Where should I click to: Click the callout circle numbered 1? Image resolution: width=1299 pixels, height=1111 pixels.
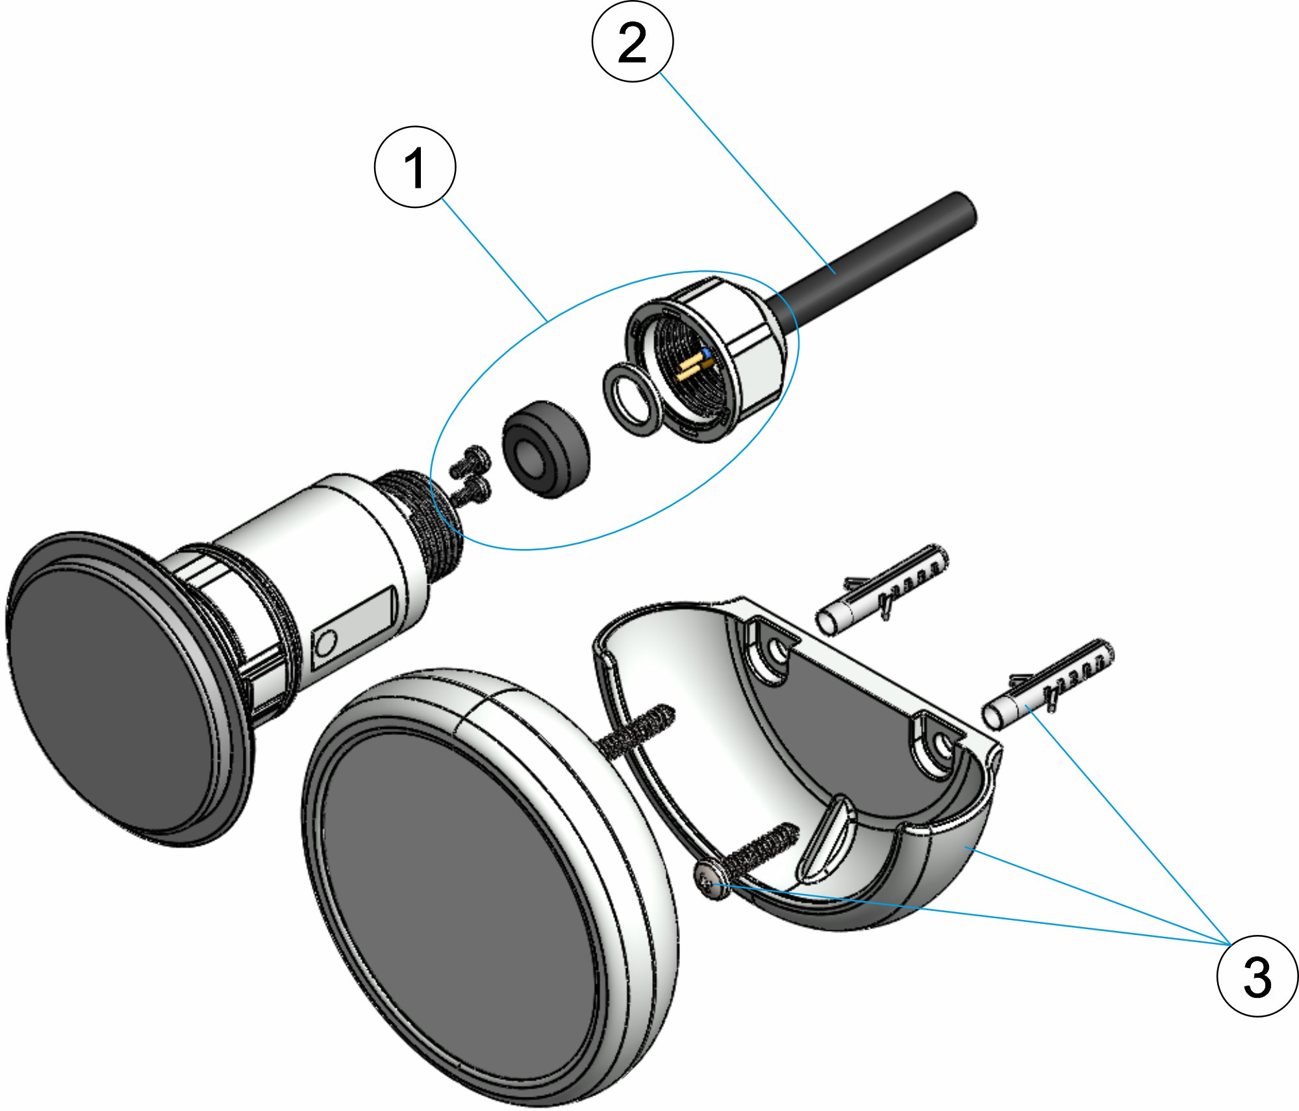(414, 167)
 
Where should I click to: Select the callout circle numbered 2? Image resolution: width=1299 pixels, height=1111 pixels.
(632, 42)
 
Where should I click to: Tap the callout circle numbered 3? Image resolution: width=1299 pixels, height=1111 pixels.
(1257, 976)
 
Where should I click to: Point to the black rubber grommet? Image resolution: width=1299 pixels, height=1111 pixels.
(546, 449)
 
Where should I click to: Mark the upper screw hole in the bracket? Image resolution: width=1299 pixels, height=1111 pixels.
(776, 650)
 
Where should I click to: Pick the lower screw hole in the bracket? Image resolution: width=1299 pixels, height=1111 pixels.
(942, 747)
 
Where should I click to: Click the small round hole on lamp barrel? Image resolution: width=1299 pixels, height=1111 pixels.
(325, 644)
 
